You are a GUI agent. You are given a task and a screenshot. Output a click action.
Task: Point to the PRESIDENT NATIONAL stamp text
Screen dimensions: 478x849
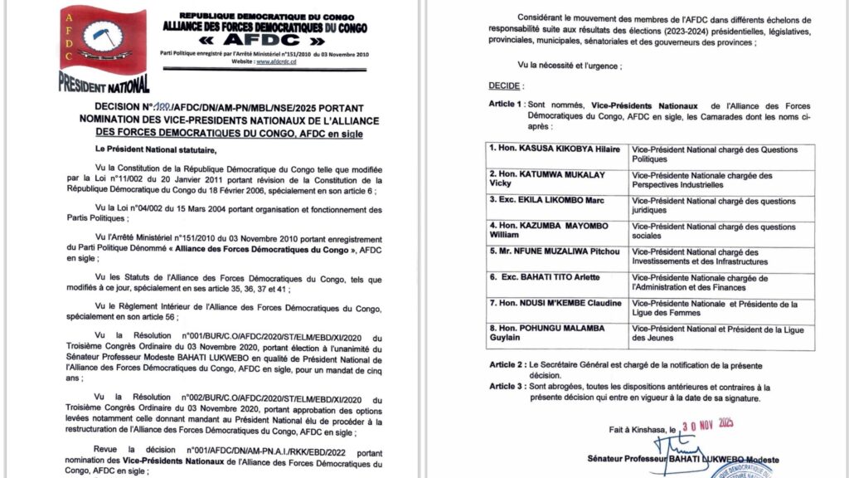(104, 83)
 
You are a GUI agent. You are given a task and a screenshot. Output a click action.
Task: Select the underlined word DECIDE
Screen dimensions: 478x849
(505, 85)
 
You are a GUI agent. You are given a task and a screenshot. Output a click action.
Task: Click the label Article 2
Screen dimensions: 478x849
(506, 364)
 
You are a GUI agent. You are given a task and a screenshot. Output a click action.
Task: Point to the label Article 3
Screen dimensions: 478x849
(506, 387)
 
